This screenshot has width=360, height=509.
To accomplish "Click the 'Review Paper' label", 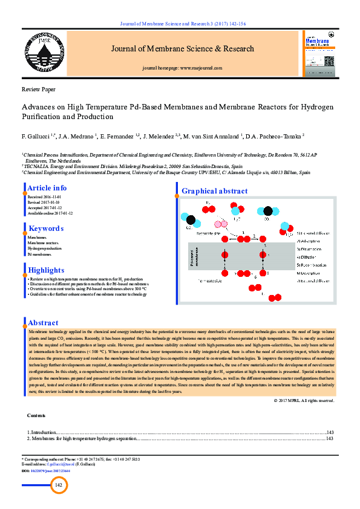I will [39, 89].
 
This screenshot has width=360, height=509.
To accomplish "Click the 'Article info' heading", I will [47, 188].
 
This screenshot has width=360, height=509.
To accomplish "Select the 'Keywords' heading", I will [46, 229].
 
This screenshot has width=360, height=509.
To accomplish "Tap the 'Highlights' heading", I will [46, 270].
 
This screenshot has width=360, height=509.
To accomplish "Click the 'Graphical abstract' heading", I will [215, 191].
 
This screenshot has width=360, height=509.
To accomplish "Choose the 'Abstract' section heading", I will [44, 323].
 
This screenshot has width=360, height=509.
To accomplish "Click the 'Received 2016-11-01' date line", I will [44, 197].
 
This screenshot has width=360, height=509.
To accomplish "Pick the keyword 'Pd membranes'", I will [39, 254].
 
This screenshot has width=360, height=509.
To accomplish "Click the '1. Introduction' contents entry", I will [41, 433].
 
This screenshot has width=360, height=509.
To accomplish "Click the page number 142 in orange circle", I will [59, 485].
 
